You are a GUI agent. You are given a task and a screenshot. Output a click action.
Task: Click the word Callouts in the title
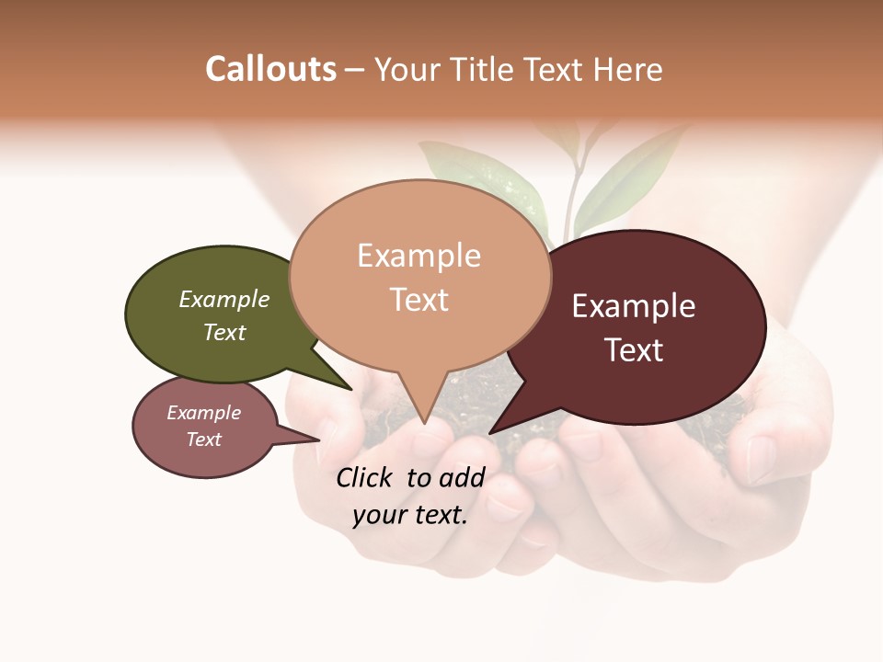pyautogui.click(x=270, y=69)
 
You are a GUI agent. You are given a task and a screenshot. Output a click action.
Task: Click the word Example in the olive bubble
pyautogui.click(x=224, y=300)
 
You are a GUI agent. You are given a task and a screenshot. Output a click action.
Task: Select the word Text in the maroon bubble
pyautogui.click(x=634, y=350)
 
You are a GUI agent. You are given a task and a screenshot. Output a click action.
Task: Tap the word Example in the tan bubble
pyautogui.click(x=419, y=256)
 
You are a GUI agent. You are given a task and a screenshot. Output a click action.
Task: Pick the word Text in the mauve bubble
pyautogui.click(x=204, y=439)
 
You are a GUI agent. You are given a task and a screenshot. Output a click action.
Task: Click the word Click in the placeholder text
pyautogui.click(x=364, y=477)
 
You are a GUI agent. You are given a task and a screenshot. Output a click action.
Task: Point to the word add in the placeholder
pyautogui.click(x=461, y=477)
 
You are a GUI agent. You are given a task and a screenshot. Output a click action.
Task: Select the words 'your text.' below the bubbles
pyautogui.click(x=410, y=515)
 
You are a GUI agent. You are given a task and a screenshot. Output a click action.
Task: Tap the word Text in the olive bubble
pyautogui.click(x=224, y=332)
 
